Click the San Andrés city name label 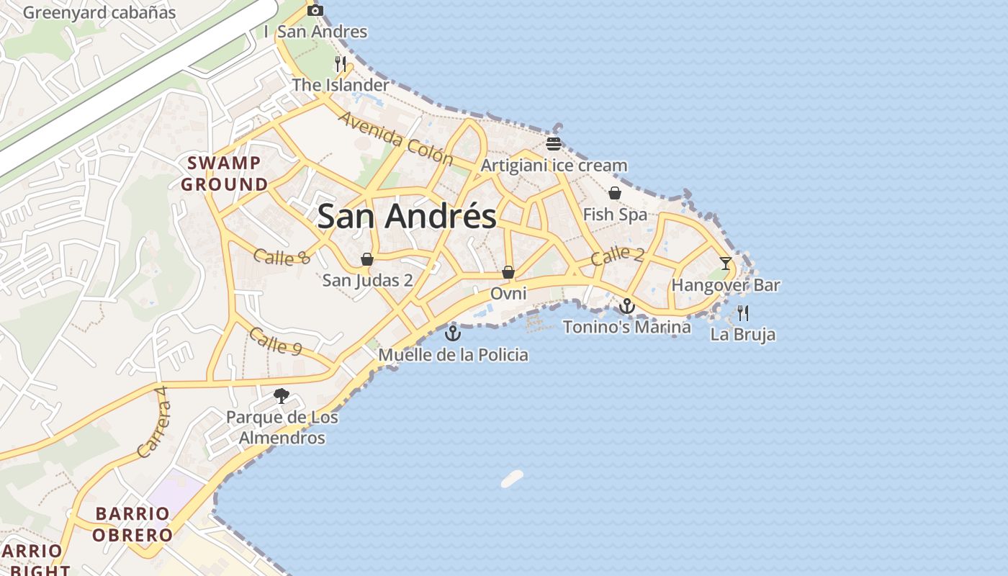click(407, 216)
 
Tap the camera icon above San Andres click(315, 10)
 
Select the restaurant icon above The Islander click(341, 63)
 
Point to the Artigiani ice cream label click(554, 166)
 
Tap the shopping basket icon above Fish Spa click(615, 193)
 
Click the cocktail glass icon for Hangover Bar click(726, 264)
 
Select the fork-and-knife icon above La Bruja click(743, 313)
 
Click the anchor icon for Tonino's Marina click(627, 307)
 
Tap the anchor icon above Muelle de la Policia click(452, 333)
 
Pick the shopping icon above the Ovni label click(508, 272)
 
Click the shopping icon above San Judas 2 click(367, 259)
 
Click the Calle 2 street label click(617, 256)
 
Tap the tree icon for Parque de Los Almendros click(282, 395)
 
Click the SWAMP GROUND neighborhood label click(224, 174)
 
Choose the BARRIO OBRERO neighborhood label click(133, 524)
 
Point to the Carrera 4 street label click(152, 423)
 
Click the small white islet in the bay click(512, 479)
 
